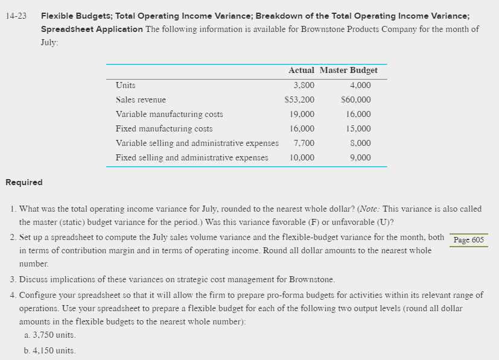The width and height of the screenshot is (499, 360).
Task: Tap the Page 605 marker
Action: [468, 239]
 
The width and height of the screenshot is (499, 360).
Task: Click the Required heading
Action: [24, 182]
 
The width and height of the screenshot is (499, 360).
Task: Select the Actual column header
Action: [302, 70]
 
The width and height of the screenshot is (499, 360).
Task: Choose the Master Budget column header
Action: [348, 70]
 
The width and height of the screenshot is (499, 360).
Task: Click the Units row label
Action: [126, 86]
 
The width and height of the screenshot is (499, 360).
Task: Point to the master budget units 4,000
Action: [360, 86]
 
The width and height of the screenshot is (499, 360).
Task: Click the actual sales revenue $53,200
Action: [299, 100]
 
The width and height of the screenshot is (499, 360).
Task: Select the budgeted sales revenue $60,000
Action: [356, 100]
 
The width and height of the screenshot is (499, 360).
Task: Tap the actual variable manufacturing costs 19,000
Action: [302, 114]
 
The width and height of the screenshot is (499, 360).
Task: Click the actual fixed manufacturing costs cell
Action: [302, 128]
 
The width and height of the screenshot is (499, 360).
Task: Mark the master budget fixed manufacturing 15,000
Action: [358, 128]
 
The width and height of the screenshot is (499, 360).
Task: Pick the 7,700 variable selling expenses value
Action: [304, 143]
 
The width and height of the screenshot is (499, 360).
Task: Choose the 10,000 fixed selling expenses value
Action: [302, 157]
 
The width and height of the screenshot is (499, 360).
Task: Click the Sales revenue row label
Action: [141, 100]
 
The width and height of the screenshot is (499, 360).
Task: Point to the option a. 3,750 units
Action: [50, 335]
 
